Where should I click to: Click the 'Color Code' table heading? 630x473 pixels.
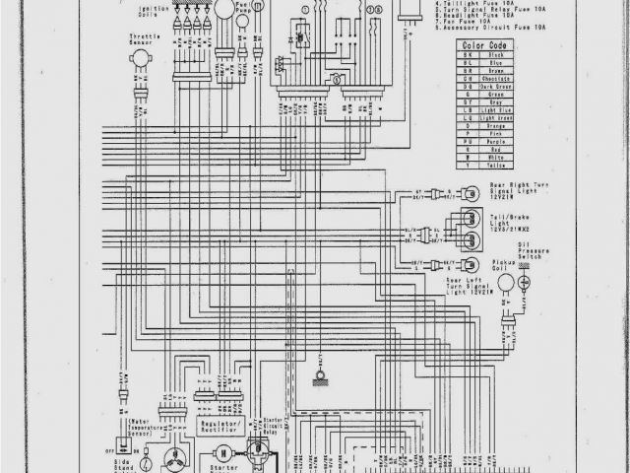484,45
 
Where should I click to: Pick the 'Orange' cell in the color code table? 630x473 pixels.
489,127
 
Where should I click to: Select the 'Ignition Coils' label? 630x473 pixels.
149,12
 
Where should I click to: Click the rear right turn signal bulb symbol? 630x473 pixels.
472,192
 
